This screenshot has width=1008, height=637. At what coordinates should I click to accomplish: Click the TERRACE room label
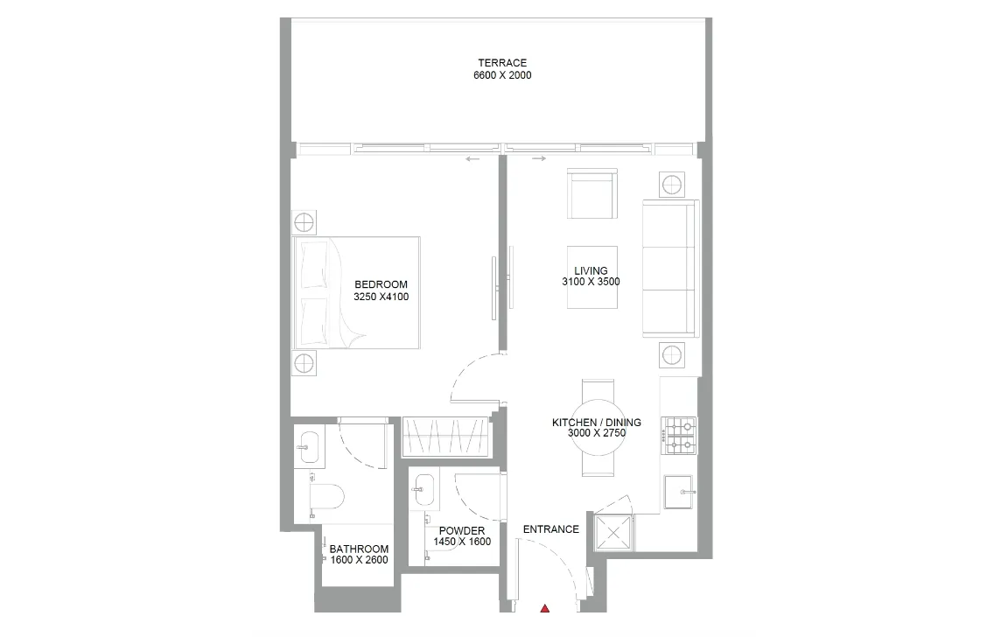[x=502, y=63]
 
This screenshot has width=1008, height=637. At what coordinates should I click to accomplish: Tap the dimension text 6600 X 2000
[x=502, y=76]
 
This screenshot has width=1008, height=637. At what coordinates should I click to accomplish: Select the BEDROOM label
[x=381, y=284]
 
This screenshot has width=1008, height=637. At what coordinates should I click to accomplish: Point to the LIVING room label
[x=591, y=271]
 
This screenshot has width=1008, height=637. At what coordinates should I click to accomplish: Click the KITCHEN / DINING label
[x=596, y=423]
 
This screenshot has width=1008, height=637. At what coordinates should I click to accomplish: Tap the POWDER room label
[x=462, y=531]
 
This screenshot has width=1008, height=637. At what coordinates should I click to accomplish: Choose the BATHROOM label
[x=359, y=549]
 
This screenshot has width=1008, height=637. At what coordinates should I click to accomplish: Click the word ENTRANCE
[x=550, y=529]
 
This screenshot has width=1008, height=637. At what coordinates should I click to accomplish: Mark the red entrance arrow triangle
[x=544, y=609]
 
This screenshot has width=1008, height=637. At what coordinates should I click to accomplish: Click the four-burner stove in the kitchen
[x=679, y=435]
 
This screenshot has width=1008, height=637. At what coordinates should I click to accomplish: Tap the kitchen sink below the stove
[x=678, y=492]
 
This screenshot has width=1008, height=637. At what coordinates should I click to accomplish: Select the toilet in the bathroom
[x=327, y=496]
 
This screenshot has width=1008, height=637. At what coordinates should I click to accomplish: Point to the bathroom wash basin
[x=308, y=446]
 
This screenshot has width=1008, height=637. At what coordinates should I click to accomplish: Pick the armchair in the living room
[x=592, y=193]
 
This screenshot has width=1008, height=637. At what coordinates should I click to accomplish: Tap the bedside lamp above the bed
[x=303, y=221]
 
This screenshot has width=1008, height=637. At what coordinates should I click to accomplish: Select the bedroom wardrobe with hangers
[x=444, y=436]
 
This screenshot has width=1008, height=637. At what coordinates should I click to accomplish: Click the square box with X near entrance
[x=613, y=531]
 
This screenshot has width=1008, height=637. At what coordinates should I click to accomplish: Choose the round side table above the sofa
[x=672, y=185]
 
